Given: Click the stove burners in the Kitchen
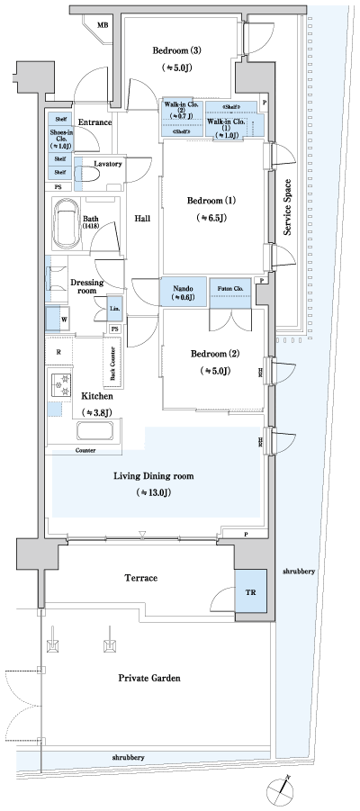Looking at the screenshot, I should [x=62, y=385].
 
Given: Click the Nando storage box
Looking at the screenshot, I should [x=184, y=292].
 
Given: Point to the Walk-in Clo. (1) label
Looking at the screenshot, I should [x=224, y=127].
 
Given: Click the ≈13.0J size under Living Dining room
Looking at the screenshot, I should [x=154, y=493].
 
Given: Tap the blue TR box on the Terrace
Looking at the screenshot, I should [x=250, y=591].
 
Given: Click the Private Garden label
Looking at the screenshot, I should [x=153, y=680].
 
